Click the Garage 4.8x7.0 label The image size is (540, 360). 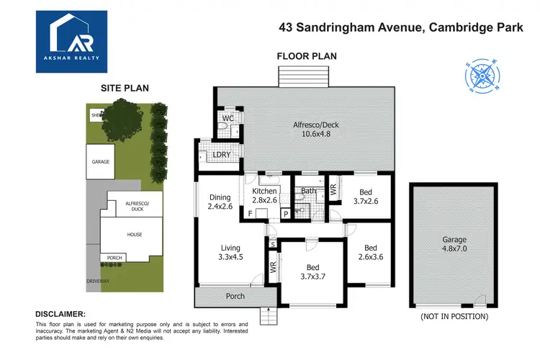point(454,244)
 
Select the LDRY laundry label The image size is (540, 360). point(220,156)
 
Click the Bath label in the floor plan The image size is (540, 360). point(309,191)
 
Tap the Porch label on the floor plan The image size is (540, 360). point(235,296)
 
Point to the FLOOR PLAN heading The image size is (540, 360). point(307,55)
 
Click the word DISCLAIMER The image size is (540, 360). point(60,314)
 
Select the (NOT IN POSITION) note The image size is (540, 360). point(454,316)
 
